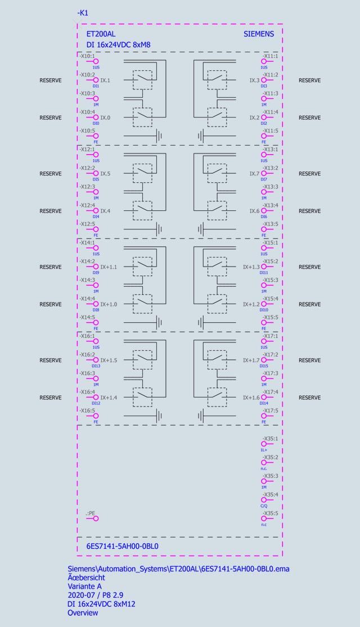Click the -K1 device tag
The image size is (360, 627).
point(83,12)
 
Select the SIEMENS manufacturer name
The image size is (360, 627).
point(259,34)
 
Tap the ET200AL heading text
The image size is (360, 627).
point(101,34)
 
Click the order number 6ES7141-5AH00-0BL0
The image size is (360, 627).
point(122,546)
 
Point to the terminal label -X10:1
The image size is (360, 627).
point(87,56)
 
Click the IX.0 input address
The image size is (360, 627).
point(106,118)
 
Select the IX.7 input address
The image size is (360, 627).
point(255,174)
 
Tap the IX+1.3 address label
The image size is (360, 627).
point(251,267)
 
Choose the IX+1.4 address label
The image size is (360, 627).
point(109,398)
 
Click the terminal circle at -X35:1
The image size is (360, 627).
point(263,444)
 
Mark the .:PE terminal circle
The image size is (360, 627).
point(96,518)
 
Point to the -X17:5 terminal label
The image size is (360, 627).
point(270,411)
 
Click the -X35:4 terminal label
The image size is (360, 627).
point(270,494)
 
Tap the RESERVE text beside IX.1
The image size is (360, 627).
point(51,80)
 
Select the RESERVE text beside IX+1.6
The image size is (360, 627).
point(309,398)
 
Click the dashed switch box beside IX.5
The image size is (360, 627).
point(141,173)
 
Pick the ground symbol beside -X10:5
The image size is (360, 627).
point(159,136)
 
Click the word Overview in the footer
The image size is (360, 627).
point(83,613)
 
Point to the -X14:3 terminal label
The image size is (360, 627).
point(87,279)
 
